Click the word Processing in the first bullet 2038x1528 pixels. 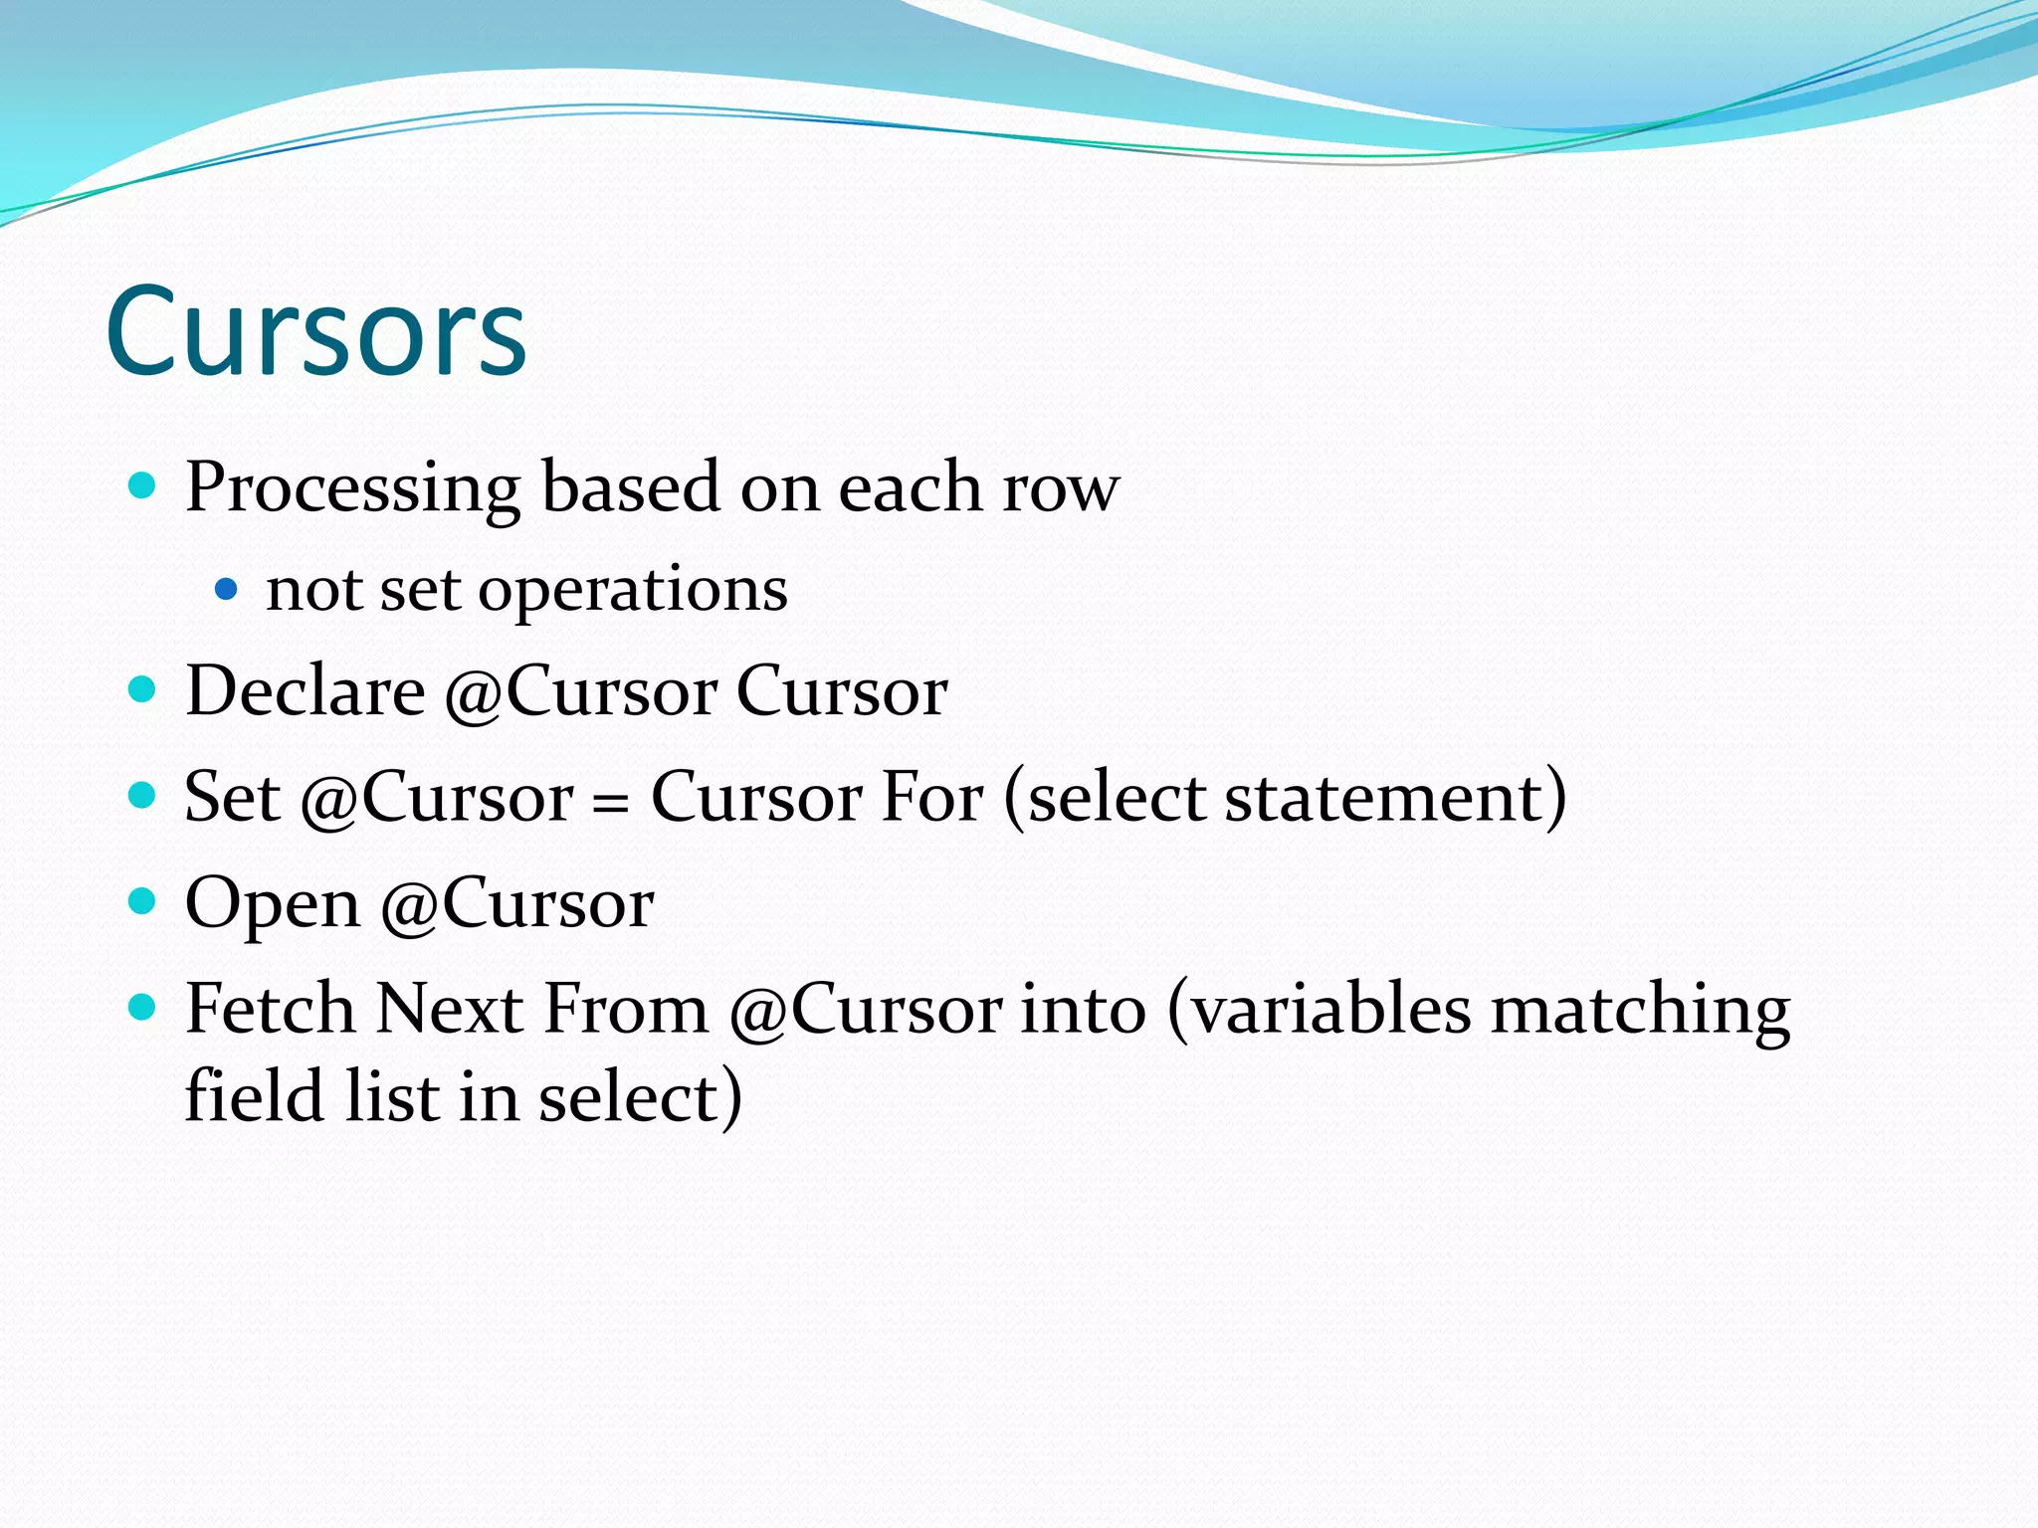coord(352,487)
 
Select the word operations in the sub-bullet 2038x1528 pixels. coord(633,590)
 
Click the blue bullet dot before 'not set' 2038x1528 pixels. coord(227,589)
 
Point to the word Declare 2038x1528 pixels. coord(306,690)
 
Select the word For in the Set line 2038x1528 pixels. coord(932,797)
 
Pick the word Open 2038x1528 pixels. coord(273,903)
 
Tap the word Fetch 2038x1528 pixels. coord(271,1009)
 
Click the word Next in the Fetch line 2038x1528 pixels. coord(450,1009)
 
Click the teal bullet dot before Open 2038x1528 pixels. coord(143,901)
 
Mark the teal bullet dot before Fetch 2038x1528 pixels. coord(143,1008)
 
